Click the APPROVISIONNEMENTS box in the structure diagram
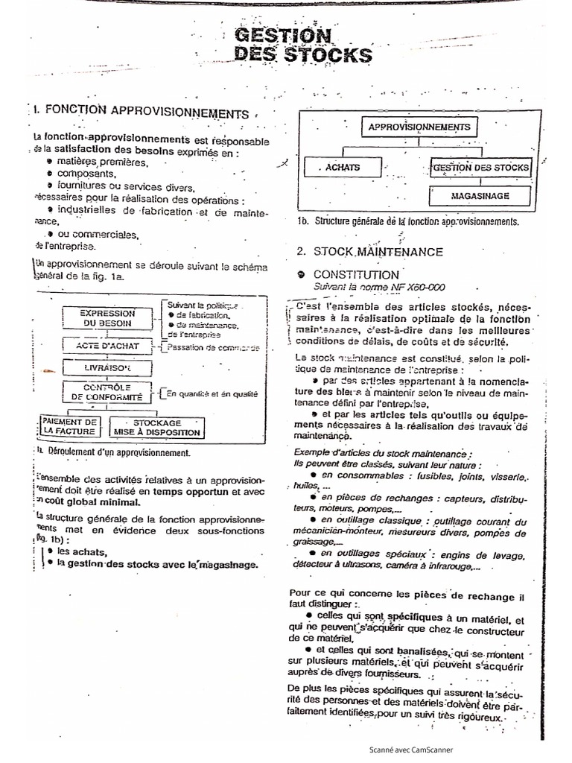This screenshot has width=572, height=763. click(419, 127)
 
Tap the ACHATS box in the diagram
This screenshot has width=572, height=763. click(342, 168)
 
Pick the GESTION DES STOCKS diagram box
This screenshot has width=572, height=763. click(480, 168)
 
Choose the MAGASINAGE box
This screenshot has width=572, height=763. click(480, 195)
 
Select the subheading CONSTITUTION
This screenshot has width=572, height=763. click(356, 274)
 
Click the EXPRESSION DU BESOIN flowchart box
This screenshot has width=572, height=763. click(109, 318)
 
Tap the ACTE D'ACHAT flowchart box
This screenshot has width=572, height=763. click(109, 346)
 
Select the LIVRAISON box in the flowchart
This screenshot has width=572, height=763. click(109, 369)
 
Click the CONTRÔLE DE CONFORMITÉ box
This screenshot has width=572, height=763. click(107, 392)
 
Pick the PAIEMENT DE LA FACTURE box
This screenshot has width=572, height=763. click(69, 426)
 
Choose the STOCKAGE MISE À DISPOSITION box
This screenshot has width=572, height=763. click(156, 426)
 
